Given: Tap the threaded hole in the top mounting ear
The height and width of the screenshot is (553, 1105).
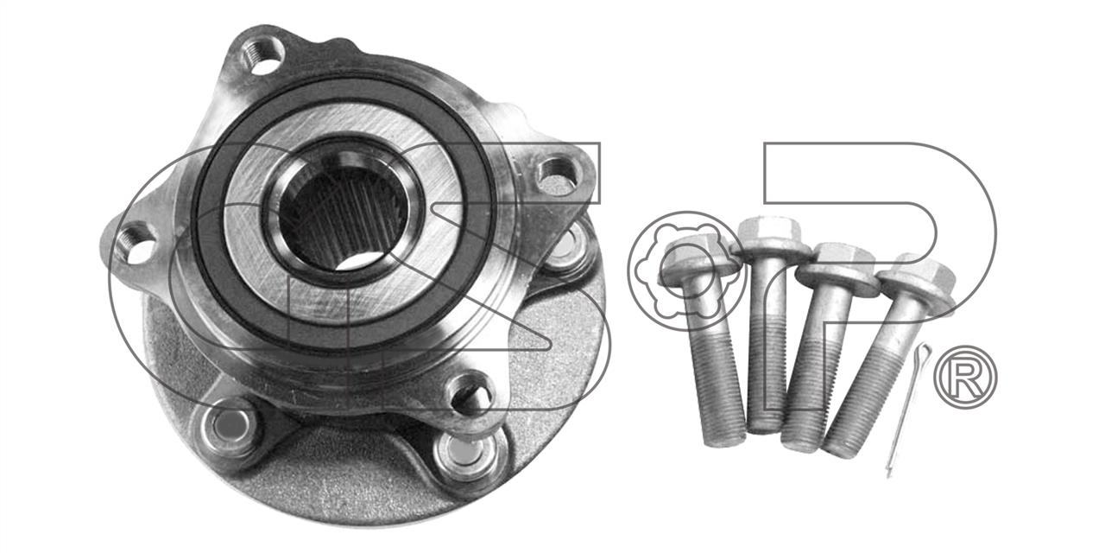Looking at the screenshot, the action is pyautogui.click(x=262, y=55).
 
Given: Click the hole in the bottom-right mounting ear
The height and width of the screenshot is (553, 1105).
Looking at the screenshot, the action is pyautogui.click(x=470, y=395).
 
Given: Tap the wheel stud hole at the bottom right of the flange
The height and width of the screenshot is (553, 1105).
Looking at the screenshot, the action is pyautogui.click(x=464, y=454).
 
